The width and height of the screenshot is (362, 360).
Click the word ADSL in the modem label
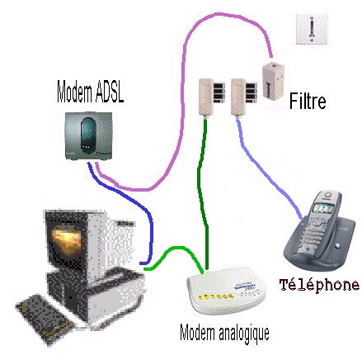110,92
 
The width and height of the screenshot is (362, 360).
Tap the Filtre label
308,101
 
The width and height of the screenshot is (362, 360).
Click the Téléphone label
319,285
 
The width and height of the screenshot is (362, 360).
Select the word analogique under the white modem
244,333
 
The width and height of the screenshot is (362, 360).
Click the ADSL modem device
89,135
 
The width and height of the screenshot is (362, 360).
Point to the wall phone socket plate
312,29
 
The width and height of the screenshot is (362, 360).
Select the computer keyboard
45,319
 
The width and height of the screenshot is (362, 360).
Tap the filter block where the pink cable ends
273,81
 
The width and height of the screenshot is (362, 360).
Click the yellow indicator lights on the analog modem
216,296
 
